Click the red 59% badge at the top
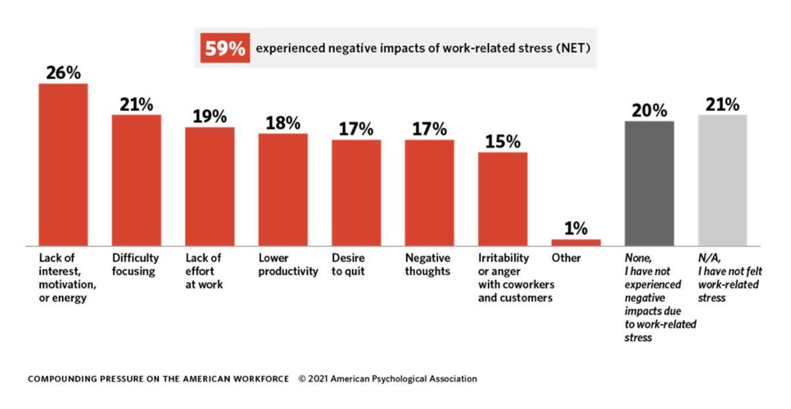(x=225, y=48)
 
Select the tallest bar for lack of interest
(x=63, y=165)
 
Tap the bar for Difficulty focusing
(x=136, y=180)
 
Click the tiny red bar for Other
(x=576, y=243)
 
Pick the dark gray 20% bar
(x=649, y=183)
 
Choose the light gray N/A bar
(x=722, y=180)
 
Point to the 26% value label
(x=63, y=73)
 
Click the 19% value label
(x=210, y=116)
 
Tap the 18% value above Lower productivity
(x=283, y=123)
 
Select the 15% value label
(x=502, y=142)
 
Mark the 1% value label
(x=575, y=228)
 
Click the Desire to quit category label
(x=348, y=265)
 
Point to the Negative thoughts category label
(x=428, y=265)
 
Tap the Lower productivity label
(x=288, y=265)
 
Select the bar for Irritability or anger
(x=502, y=199)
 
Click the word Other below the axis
(x=566, y=258)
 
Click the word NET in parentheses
(x=573, y=48)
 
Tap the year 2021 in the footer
(x=318, y=379)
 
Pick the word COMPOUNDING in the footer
(x=62, y=379)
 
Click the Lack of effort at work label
(x=204, y=271)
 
